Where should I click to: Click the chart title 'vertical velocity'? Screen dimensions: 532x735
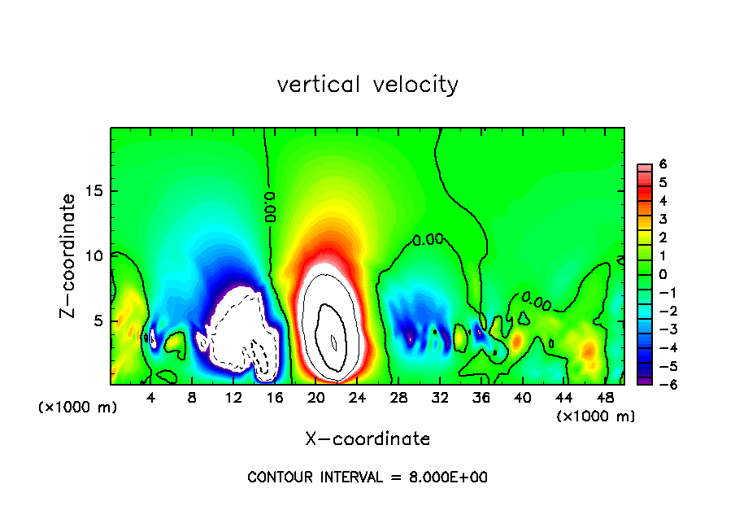(x=367, y=84)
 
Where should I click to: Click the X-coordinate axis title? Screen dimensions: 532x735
(x=367, y=439)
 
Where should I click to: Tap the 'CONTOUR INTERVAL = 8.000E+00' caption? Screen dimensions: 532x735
(x=367, y=477)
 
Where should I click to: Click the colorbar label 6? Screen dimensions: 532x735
(x=663, y=164)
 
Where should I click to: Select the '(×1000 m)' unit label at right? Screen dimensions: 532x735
(x=595, y=416)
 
